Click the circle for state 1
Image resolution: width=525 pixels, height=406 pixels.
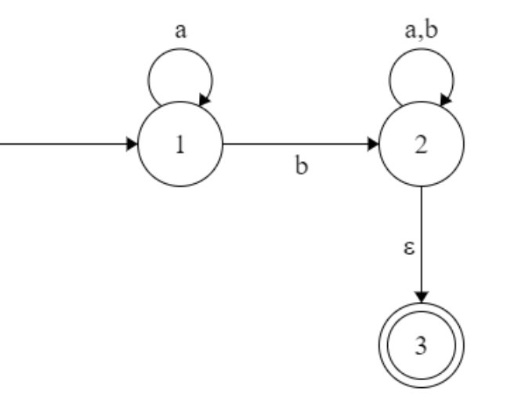(x=180, y=145)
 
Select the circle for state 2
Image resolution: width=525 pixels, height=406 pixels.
(x=422, y=145)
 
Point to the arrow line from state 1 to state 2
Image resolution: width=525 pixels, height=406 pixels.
(x=298, y=145)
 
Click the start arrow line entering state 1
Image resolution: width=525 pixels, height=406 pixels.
(x=63, y=145)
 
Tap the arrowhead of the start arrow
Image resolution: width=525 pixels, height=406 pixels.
(x=131, y=145)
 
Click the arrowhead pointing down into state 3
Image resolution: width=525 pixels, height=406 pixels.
(x=422, y=296)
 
